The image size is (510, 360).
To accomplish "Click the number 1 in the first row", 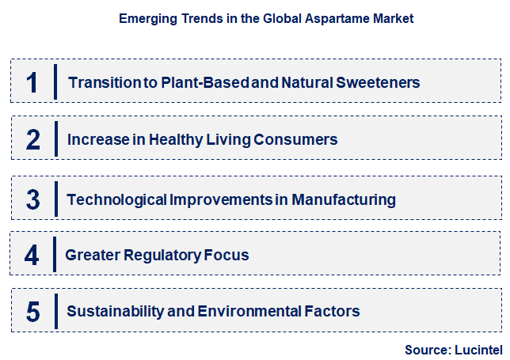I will tap(32, 82).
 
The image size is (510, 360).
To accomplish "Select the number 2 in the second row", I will tap(32, 140).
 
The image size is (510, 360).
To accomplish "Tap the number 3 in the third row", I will tap(32, 199).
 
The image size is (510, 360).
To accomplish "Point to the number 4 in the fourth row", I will tap(32, 255).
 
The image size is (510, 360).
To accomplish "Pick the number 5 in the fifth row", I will tap(32, 312).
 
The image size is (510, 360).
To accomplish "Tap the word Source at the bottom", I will tap(426, 349).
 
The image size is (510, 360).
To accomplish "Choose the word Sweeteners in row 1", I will tap(379, 82).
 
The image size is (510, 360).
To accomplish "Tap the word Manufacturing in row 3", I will tap(344, 199).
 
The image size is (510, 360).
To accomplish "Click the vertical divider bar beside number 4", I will tap(54, 255).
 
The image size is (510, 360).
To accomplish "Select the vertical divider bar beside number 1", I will tap(55, 82).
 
